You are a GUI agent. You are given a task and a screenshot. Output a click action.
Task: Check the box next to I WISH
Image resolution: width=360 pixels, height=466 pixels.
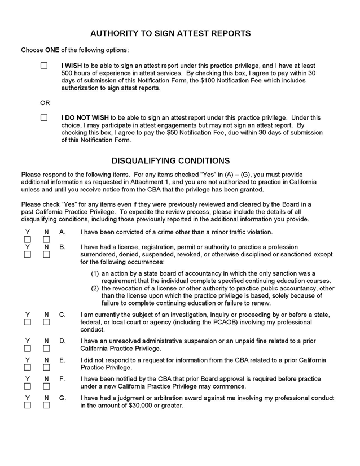click(x=44, y=66)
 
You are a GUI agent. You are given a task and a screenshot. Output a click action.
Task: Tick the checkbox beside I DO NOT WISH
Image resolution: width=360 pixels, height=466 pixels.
click(x=44, y=118)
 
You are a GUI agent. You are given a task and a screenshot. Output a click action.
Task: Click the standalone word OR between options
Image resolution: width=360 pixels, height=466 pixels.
click(x=45, y=103)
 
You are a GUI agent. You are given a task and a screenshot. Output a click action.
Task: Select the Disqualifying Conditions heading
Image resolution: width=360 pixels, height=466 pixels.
click(x=170, y=160)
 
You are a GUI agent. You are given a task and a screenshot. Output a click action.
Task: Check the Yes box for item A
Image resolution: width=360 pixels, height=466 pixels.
click(x=27, y=239)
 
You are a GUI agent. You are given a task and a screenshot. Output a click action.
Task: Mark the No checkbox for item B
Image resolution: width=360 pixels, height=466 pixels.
click(x=47, y=254)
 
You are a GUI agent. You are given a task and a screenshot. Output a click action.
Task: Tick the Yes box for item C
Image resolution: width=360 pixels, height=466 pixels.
click(x=27, y=322)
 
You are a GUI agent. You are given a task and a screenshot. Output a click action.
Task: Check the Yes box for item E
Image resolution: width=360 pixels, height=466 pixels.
click(x=27, y=368)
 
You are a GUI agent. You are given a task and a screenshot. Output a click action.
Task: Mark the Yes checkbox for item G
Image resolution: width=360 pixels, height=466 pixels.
click(x=27, y=406)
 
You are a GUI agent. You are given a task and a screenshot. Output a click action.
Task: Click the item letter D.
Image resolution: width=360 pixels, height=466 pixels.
click(x=62, y=341)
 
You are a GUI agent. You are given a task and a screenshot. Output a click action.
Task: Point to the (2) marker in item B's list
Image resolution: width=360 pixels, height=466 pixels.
click(x=96, y=288)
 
